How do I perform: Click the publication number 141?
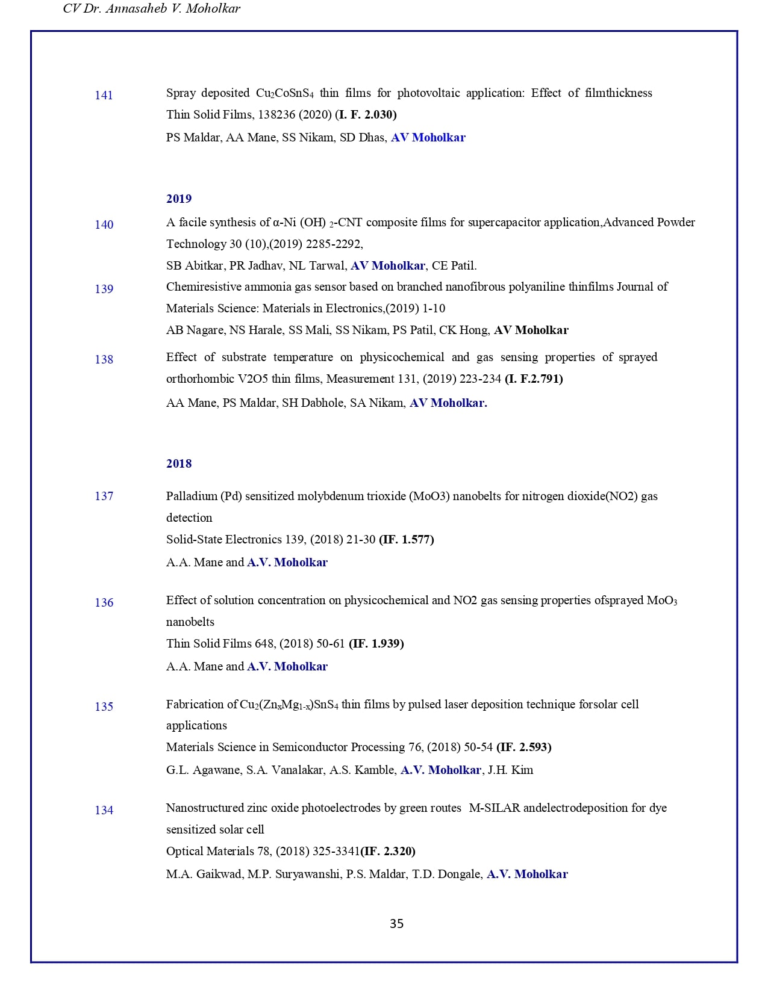[x=104, y=95]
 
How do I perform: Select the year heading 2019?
[x=179, y=199]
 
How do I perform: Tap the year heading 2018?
[x=179, y=463]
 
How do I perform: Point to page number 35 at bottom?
[x=396, y=923]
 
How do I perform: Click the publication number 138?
[x=104, y=359]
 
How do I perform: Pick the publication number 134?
[x=104, y=810]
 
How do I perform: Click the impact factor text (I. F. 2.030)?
[x=366, y=114]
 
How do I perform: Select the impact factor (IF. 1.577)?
[x=406, y=539]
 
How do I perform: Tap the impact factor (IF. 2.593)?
[x=523, y=747]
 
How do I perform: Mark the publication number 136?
[x=104, y=602]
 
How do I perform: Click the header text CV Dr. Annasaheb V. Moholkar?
[x=151, y=8]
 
